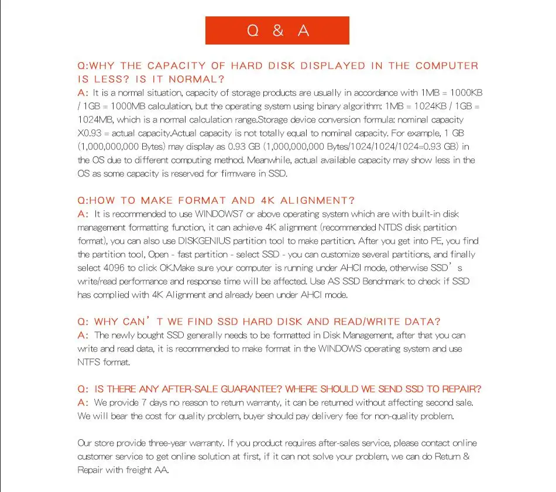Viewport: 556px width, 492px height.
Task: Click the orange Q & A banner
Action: (277, 30)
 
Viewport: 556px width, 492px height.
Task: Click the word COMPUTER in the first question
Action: (447, 66)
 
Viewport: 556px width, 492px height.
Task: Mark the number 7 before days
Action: (145, 402)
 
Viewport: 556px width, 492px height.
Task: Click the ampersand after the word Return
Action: (466, 456)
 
